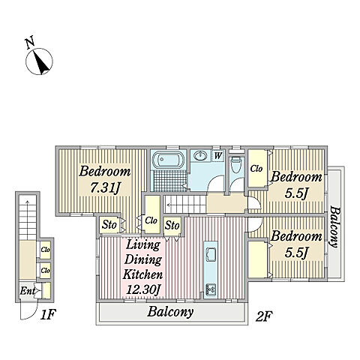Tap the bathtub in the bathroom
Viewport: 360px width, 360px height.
pos(168,159)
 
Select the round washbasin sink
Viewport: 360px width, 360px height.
pos(200,156)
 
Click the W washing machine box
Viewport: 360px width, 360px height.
pos(217,156)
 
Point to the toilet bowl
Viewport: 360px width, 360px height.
pos(236,164)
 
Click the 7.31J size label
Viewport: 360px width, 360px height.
pos(106,188)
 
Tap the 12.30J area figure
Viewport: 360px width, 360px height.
pos(143,289)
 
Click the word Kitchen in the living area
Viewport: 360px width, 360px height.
pos(142,274)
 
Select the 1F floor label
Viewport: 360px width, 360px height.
pos(48,315)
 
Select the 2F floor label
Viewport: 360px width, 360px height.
pos(264,316)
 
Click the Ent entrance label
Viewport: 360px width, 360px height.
pos(27,291)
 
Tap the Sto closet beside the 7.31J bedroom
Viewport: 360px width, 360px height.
pos(109,225)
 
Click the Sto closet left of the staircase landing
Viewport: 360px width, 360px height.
pos(172,225)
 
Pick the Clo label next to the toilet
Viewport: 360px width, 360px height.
pos(256,169)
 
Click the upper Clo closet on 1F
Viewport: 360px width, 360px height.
pos(46,250)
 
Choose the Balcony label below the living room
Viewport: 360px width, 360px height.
pos(170,312)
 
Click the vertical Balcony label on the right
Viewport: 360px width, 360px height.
pos(335,226)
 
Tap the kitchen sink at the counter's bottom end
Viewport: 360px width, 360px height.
pos(211,290)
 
